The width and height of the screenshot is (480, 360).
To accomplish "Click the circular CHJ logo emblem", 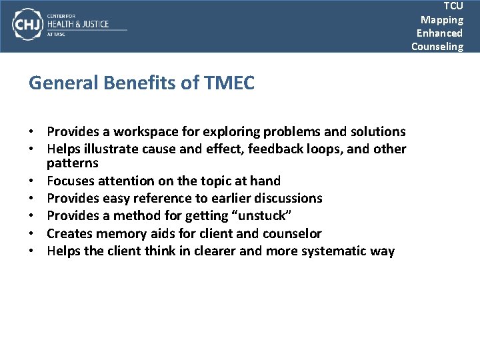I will pyautogui.click(x=27, y=25).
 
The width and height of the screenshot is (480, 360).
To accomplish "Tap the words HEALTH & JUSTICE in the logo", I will pyautogui.click(x=77, y=24).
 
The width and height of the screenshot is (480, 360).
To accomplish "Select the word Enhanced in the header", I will pyautogui.click(x=439, y=33).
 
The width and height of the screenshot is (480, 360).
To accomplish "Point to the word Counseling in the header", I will pyautogui.click(x=437, y=46).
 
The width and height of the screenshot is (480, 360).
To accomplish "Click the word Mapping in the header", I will pyautogui.click(x=441, y=19).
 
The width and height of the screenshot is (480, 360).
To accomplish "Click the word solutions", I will pyautogui.click(x=375, y=131).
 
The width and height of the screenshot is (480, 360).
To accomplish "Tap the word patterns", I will pyautogui.click(x=73, y=163).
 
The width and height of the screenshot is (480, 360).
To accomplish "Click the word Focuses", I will pyautogui.click(x=71, y=181).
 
